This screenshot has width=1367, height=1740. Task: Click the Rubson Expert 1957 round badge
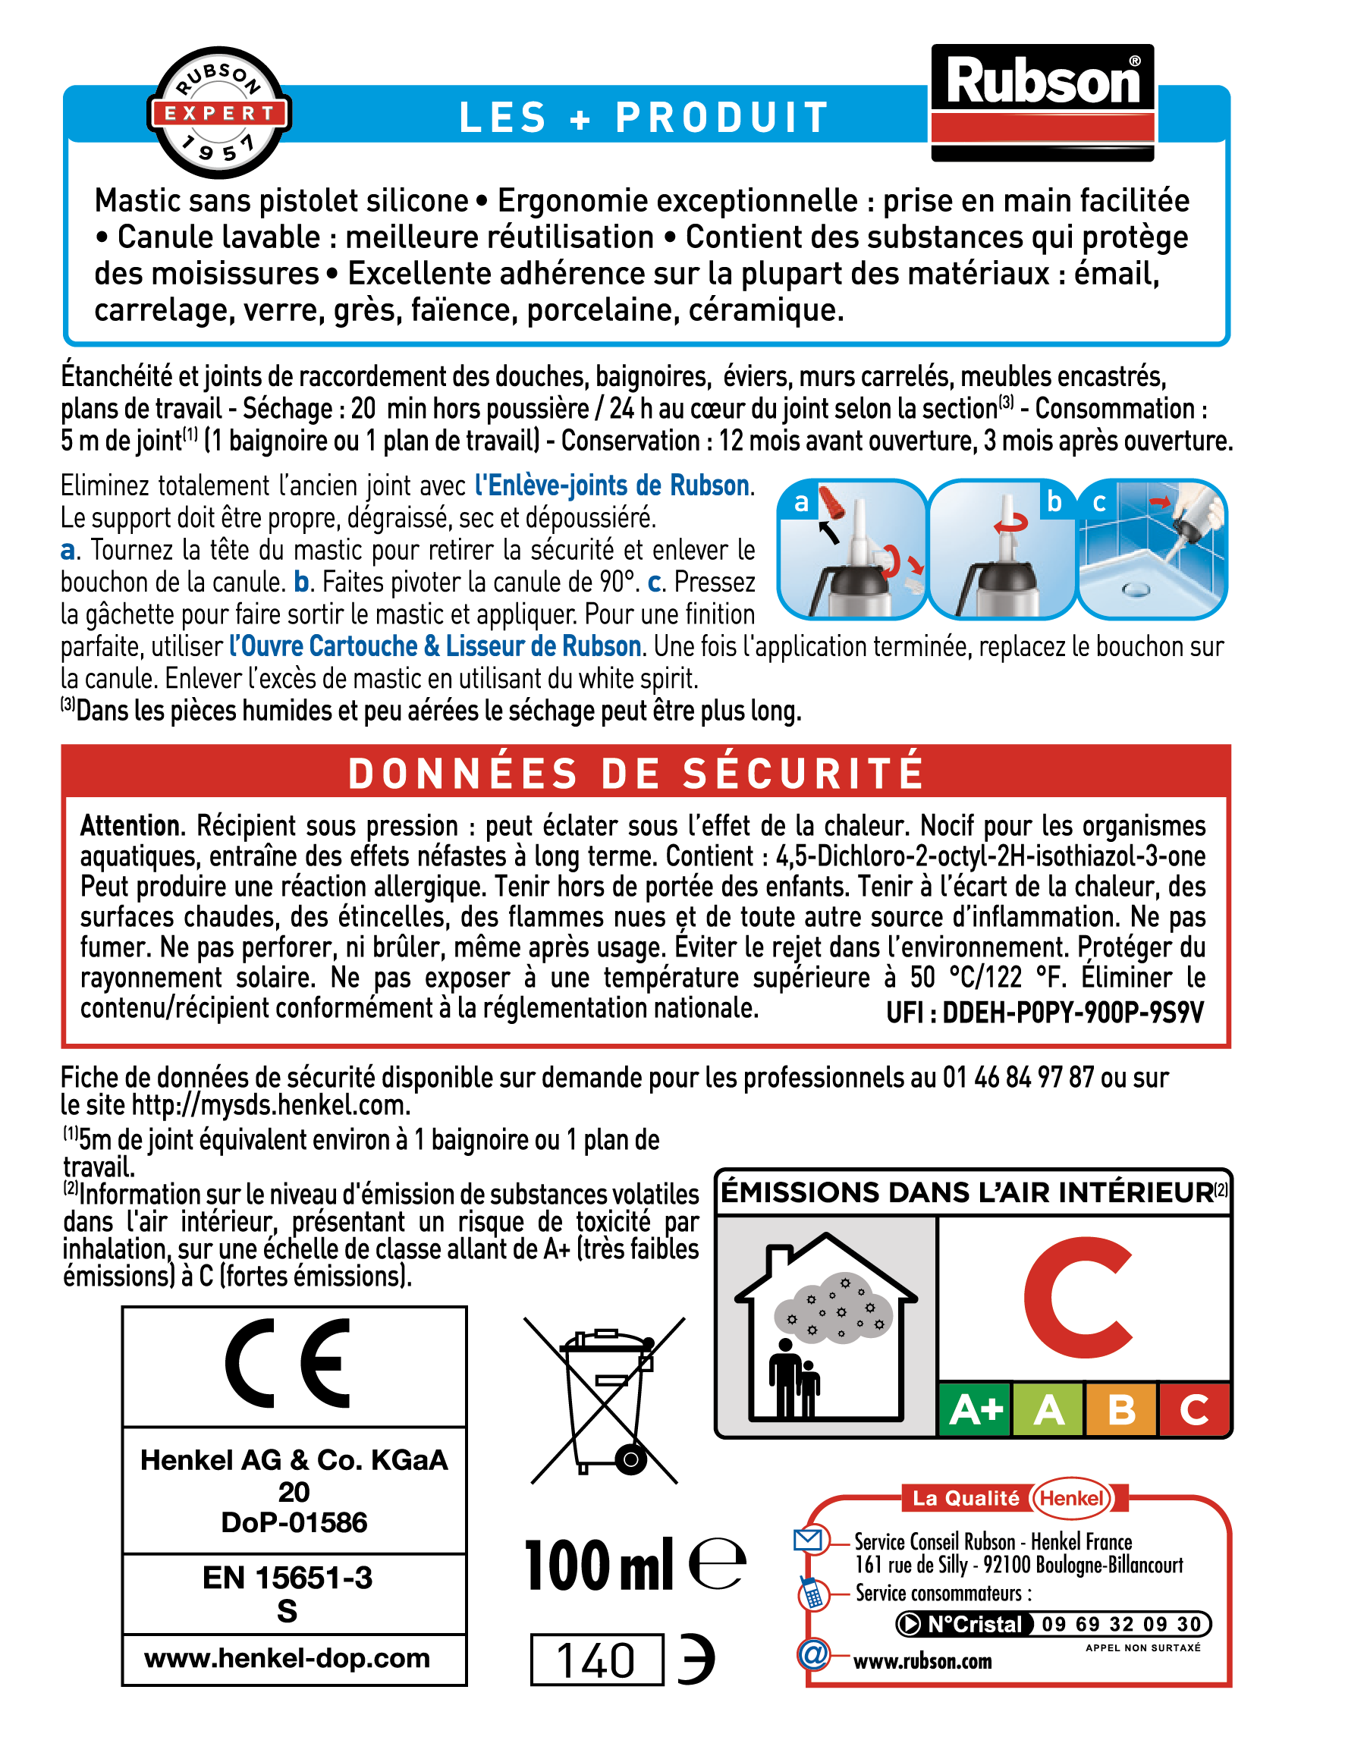218,113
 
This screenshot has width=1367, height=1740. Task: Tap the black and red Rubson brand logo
1042,102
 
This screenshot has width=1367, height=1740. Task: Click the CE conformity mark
288,1363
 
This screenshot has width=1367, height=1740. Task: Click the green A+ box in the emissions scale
975,1409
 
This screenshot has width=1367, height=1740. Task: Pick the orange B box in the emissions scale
1120,1409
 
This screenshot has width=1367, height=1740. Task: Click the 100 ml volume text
599,1566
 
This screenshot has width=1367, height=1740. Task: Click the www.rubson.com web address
922,1662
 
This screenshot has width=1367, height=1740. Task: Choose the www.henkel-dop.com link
288,1657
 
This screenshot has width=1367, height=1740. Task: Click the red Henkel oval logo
1072,1498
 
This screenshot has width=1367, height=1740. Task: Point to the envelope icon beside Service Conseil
808,1539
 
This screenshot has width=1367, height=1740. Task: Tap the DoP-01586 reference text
294,1522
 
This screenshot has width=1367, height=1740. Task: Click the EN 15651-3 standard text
288,1578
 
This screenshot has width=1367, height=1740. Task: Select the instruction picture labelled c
1152,549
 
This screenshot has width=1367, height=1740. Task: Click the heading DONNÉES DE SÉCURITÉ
636,773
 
